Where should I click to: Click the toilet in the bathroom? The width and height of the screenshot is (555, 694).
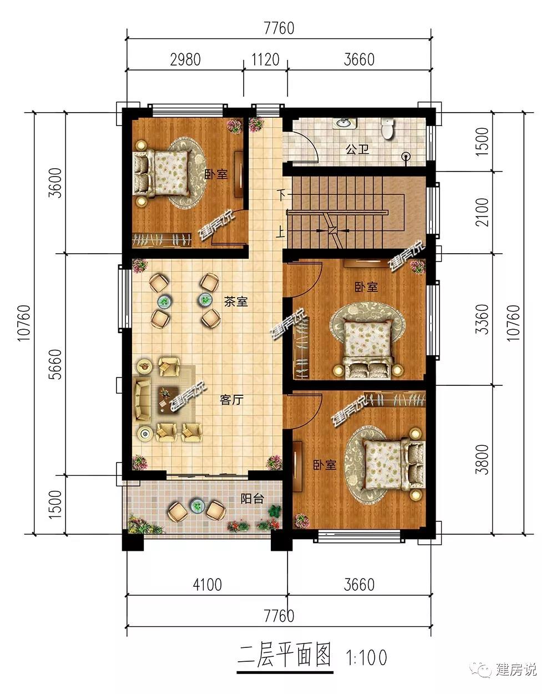point(387,129)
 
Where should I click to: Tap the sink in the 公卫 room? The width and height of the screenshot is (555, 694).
point(345,123)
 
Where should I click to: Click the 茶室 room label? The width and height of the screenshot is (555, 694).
point(236,301)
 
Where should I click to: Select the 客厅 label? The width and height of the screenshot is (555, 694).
point(231,400)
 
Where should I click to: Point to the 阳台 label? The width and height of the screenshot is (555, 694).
point(252,499)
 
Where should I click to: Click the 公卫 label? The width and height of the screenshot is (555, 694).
point(357,149)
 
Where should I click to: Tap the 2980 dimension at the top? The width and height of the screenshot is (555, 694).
point(185,59)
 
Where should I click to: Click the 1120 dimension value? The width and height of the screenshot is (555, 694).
point(265,59)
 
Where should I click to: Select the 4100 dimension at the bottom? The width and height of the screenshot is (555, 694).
point(208,585)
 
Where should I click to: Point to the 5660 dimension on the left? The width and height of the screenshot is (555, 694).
point(55,364)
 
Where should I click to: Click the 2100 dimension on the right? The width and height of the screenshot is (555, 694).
point(482,212)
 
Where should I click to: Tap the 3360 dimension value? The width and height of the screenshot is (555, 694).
point(482,319)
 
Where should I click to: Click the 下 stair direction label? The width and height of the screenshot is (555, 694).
point(281,195)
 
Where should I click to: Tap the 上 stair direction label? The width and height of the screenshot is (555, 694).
point(280,232)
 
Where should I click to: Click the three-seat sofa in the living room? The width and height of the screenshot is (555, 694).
point(142,400)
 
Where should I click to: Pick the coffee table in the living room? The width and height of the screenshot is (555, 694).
point(168,400)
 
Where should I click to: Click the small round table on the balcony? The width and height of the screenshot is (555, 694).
point(196,506)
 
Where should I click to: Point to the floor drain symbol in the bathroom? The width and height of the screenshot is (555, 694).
point(406,157)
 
